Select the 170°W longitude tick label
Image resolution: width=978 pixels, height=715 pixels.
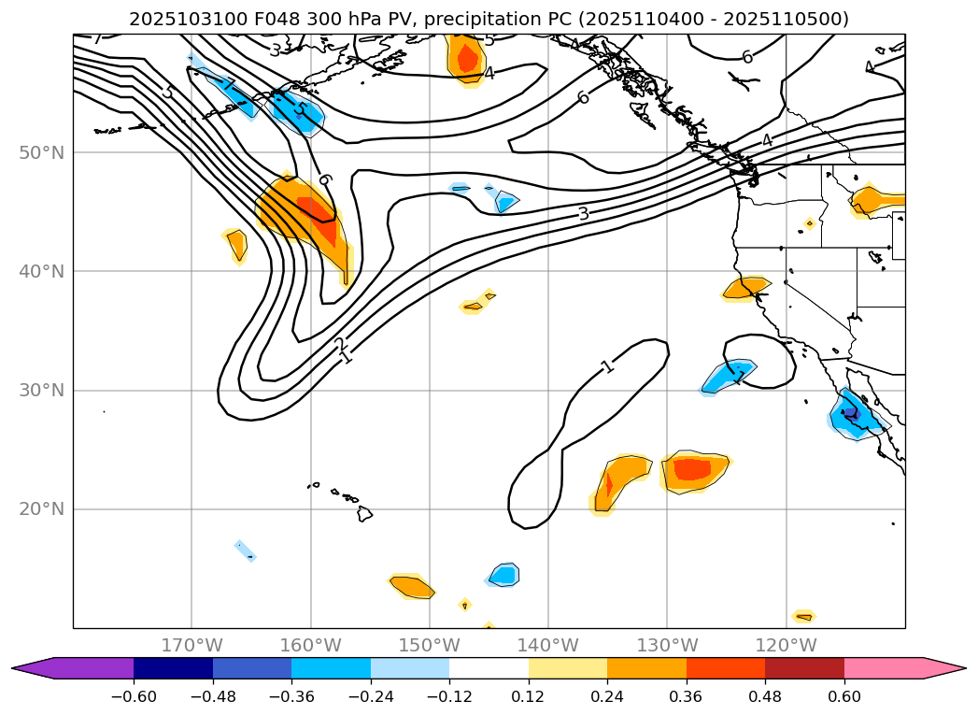pyautogui.click(x=192, y=645)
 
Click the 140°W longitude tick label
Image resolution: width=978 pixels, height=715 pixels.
pyautogui.click(x=548, y=645)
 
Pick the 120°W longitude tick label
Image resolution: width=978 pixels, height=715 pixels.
pyautogui.click(x=786, y=645)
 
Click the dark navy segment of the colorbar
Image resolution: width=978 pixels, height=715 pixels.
pyautogui.click(x=174, y=668)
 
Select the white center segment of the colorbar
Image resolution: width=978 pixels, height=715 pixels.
pyautogui.click(x=489, y=668)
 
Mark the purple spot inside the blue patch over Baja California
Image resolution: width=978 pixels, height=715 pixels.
pyautogui.click(x=850, y=412)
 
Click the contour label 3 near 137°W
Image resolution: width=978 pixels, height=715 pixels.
pyautogui.click(x=583, y=214)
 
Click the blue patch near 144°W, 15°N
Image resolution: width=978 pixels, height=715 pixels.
pyautogui.click(x=504, y=574)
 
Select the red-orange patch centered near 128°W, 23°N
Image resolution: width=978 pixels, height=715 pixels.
pyautogui.click(x=693, y=469)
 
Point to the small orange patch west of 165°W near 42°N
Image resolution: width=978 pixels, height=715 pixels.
pyautogui.click(x=236, y=245)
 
